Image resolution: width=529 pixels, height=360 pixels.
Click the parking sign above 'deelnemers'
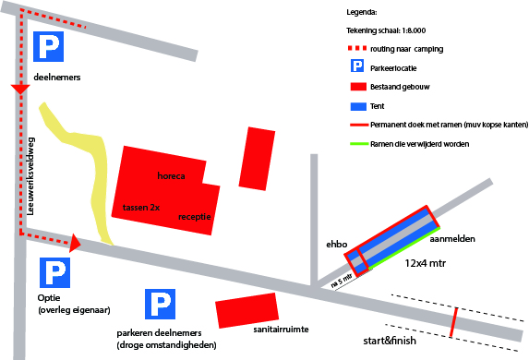[48, 46]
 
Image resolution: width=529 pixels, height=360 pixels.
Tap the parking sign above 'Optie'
[54, 272]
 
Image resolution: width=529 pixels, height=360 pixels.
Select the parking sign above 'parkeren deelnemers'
[160, 304]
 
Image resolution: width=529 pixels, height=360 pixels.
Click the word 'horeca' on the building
[171, 175]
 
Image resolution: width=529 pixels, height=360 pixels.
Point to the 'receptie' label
[194, 217]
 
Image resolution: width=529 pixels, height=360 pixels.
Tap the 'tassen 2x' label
[141, 207]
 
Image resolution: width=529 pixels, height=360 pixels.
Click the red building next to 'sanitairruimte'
[246, 310]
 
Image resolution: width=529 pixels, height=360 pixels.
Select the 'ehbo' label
[336, 245]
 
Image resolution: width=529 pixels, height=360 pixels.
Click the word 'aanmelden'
[452, 239]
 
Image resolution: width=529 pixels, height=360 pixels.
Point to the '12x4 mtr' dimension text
[425, 263]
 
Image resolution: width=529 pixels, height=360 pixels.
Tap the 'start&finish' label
[390, 341]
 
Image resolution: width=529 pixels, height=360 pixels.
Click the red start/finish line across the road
[454, 322]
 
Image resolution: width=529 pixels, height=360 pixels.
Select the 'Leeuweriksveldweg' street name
[30, 176]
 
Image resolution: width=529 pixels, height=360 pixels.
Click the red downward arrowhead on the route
[20, 89]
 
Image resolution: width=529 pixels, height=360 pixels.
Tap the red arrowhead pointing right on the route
[75, 243]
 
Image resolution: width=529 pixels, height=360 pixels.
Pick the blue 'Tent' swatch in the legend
[358, 106]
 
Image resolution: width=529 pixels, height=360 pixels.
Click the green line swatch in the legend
[359, 144]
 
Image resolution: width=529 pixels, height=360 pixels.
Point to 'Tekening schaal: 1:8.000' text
[386, 30]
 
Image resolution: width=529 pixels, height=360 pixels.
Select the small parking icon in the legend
[357, 66]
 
